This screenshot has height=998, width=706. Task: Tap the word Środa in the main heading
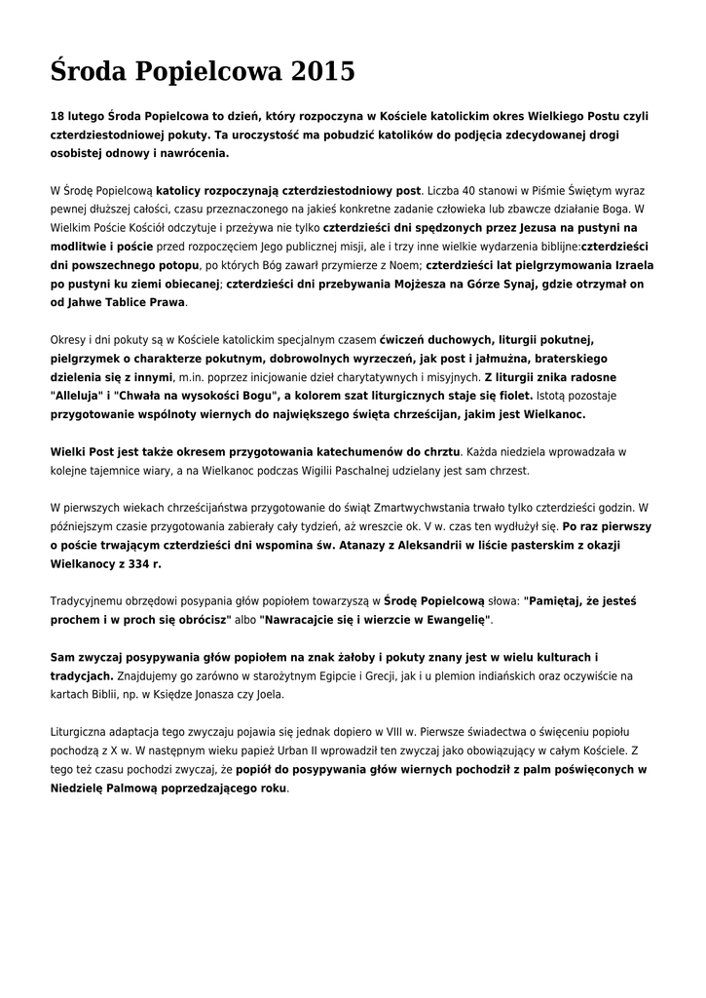coord(89,71)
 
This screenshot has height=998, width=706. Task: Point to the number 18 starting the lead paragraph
coord(57,116)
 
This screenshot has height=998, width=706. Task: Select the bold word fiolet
coord(510,395)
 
